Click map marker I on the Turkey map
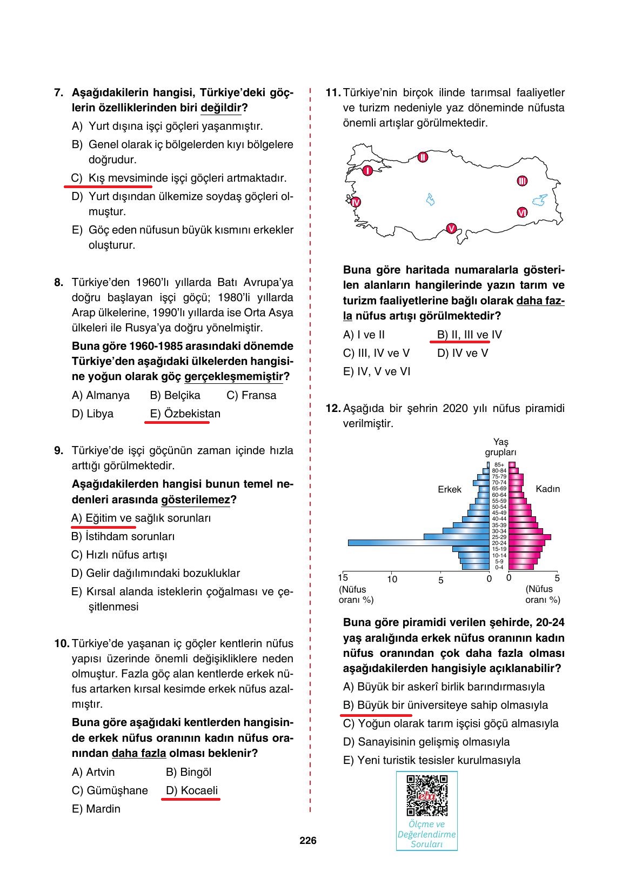tap(367, 171)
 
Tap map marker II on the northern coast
tap(423, 157)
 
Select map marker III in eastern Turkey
tap(522, 181)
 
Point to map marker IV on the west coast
tap(355, 202)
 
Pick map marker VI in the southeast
tap(521, 212)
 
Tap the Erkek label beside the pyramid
tap(449, 489)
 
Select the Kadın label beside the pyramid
tap(547, 489)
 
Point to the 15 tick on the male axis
tap(343, 578)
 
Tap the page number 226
tap(308, 841)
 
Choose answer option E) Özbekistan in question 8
tap(185, 414)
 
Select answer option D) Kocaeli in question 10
tap(192, 790)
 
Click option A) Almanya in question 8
tap(101, 395)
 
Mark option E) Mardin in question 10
tap(96, 809)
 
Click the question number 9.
tap(59, 450)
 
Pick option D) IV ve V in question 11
tap(463, 353)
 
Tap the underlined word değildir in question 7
tap(220, 108)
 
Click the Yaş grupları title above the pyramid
tap(500, 447)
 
